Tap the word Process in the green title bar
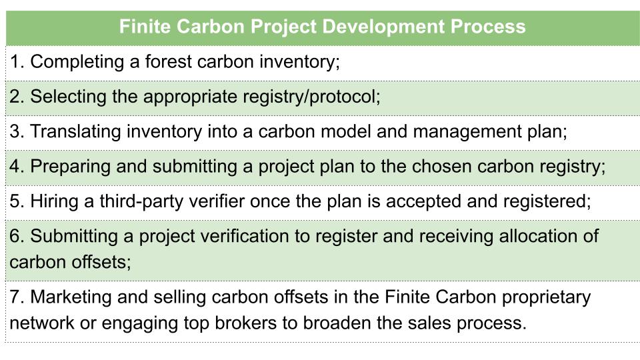(488, 26)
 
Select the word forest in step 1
(168, 61)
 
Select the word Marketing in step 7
(71, 297)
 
